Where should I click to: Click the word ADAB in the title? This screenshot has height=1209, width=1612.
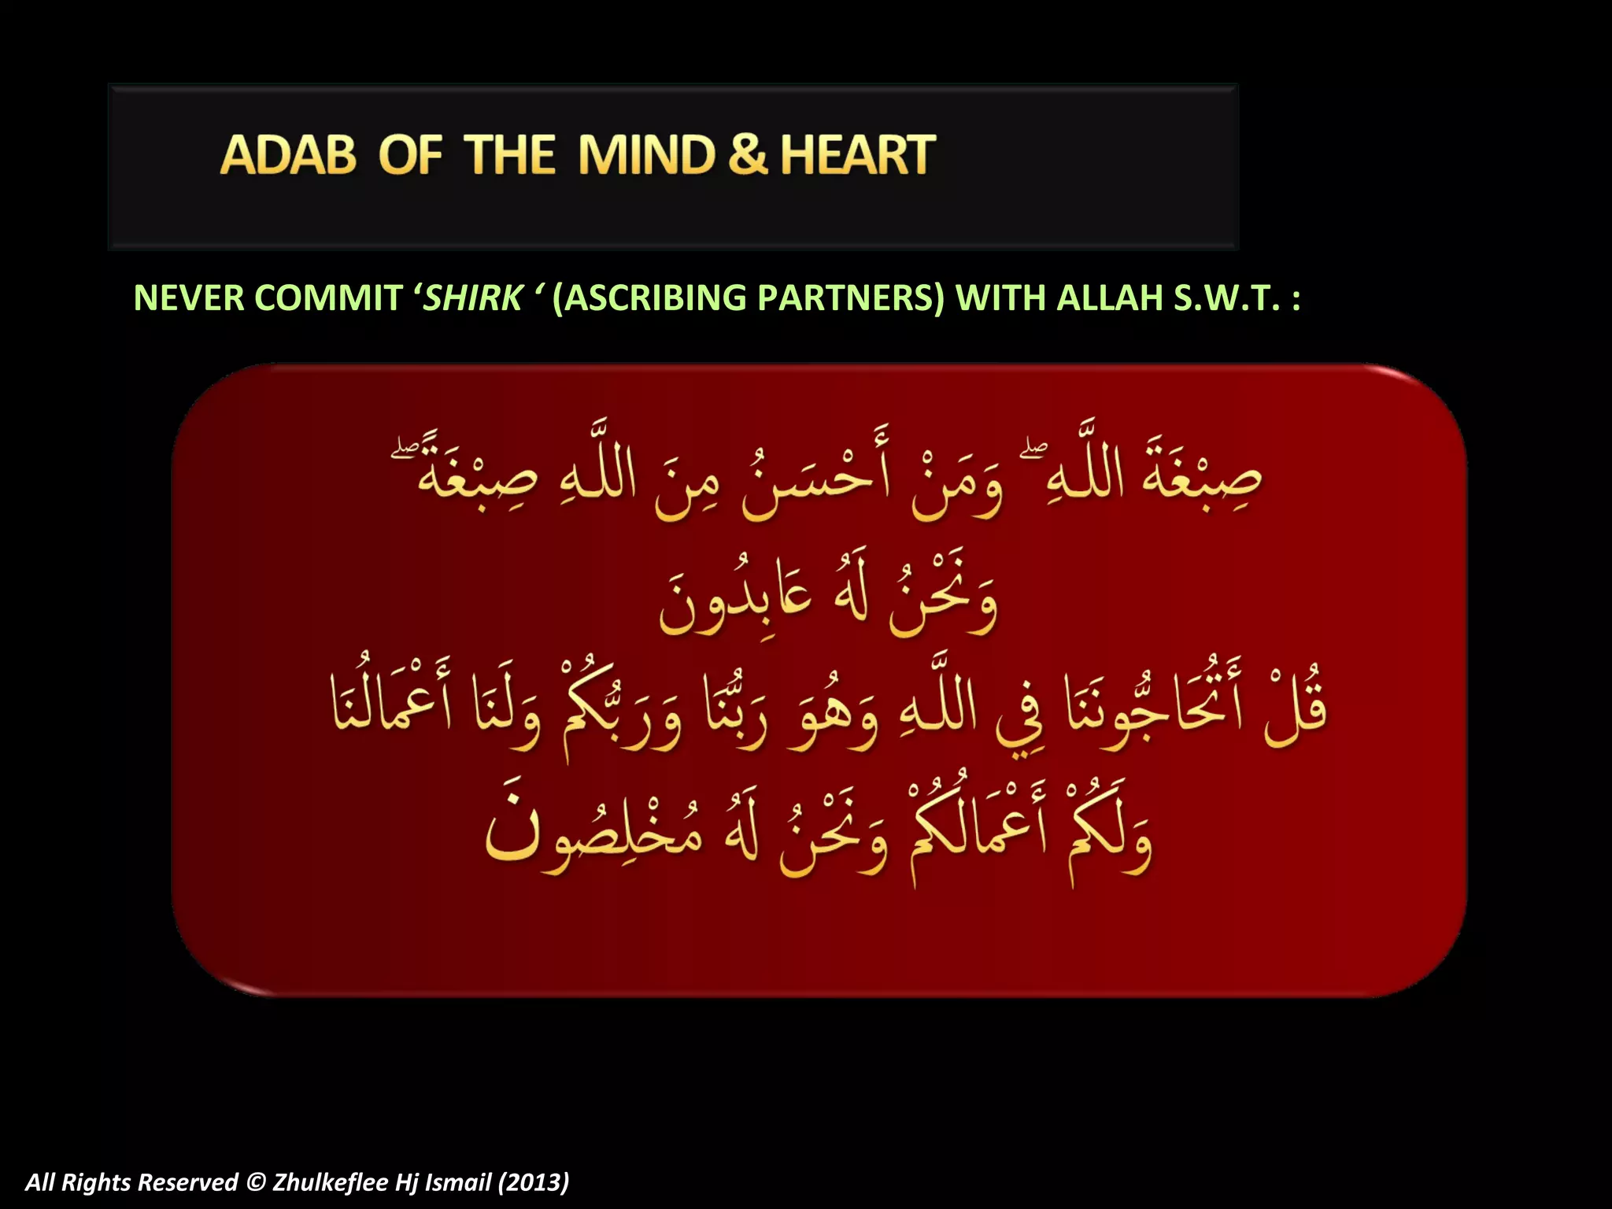click(x=287, y=154)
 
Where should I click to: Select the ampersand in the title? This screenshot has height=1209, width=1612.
click(x=747, y=154)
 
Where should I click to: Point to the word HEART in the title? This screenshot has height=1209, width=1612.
click(x=857, y=154)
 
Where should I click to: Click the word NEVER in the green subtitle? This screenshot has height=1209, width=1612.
click(x=189, y=298)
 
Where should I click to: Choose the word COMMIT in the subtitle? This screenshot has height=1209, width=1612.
click(x=328, y=298)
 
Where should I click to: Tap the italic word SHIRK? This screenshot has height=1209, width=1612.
click(x=472, y=298)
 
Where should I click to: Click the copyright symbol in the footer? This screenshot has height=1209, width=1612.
click(x=255, y=1183)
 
